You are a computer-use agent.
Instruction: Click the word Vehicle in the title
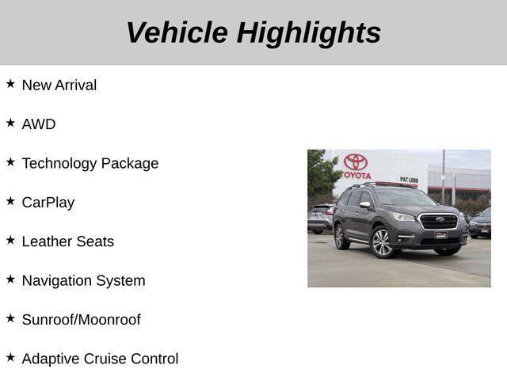(x=176, y=32)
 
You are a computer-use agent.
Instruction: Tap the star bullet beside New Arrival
(x=10, y=83)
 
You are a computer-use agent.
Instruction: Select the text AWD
(x=39, y=124)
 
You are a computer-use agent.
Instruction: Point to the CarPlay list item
(x=48, y=203)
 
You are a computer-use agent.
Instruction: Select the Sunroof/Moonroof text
(x=81, y=320)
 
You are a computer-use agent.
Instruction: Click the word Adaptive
(x=50, y=359)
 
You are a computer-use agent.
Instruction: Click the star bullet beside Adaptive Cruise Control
(x=10, y=357)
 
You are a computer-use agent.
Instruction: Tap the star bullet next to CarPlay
(x=10, y=200)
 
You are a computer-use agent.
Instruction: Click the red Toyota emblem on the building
(x=356, y=161)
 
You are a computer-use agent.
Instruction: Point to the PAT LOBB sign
(x=409, y=180)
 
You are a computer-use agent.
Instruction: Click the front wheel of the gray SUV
(x=382, y=242)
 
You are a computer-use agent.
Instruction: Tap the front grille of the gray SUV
(x=438, y=221)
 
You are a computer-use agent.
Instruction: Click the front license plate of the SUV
(x=440, y=234)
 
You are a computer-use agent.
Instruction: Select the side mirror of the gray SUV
(x=365, y=205)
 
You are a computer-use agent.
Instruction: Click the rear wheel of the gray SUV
(x=341, y=236)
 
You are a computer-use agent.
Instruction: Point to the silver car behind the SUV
(x=320, y=218)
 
